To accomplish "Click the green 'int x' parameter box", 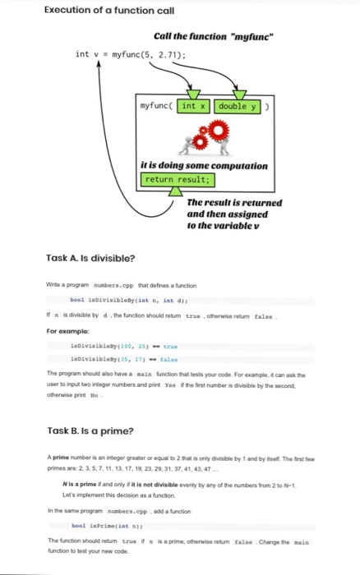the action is point(196,106).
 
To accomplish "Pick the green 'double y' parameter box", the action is point(238,106).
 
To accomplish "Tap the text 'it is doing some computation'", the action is point(204,165).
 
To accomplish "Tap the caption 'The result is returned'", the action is point(234,203).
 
